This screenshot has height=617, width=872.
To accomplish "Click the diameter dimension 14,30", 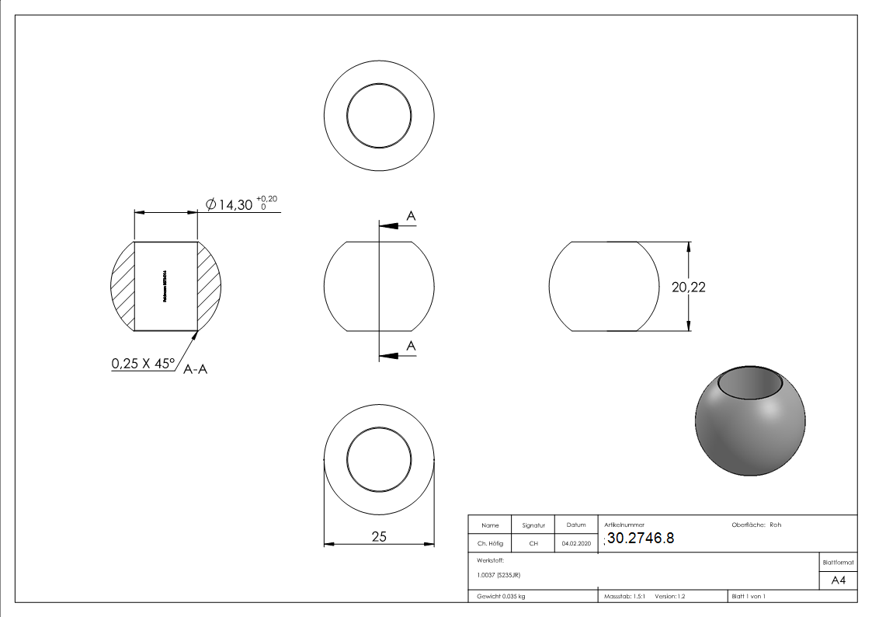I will (x=235, y=205).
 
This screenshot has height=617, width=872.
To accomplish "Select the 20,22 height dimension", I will (x=688, y=287).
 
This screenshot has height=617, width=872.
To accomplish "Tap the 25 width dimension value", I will (x=379, y=536).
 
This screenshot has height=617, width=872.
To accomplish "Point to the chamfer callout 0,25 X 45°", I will (x=143, y=363).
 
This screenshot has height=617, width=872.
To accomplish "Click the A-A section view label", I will (x=195, y=371).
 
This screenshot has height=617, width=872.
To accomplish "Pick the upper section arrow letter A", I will (x=411, y=216).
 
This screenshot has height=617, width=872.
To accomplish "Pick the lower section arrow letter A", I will (x=411, y=346).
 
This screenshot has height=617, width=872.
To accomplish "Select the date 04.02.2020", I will (x=575, y=544).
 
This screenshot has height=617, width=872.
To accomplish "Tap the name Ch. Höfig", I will (x=490, y=544).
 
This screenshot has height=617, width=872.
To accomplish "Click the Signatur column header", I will (x=533, y=525).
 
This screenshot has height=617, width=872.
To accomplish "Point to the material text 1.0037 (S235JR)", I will (x=499, y=575).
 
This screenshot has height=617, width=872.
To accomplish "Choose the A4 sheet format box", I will (x=838, y=580).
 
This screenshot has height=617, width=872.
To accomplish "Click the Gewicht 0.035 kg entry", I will (x=501, y=596).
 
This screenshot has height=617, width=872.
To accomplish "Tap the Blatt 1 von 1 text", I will (x=749, y=596).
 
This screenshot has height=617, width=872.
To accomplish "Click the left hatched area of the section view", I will (x=123, y=286).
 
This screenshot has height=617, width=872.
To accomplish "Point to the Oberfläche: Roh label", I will (x=756, y=525).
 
